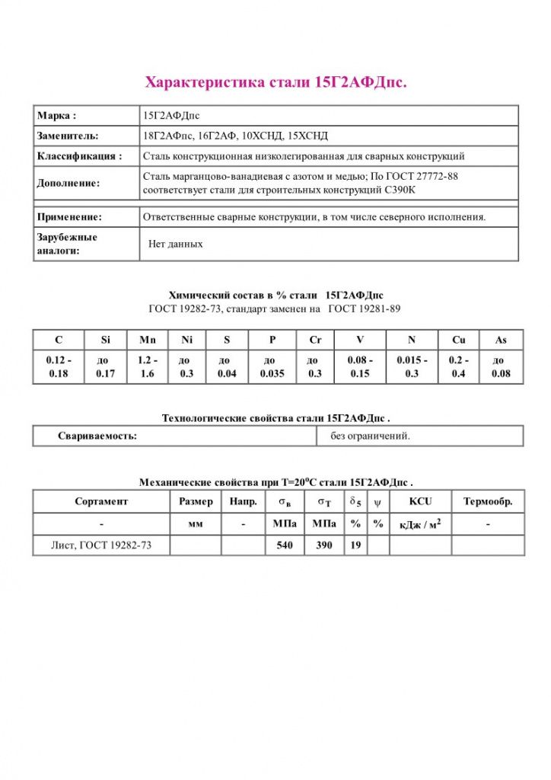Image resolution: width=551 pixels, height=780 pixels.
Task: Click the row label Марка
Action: click(x=57, y=116)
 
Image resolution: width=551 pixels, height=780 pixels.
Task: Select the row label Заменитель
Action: click(x=68, y=136)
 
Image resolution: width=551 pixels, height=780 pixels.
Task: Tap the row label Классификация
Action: click(x=79, y=156)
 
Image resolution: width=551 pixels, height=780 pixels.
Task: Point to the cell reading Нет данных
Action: click(x=176, y=245)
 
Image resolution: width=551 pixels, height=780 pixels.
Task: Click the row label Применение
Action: click(x=69, y=217)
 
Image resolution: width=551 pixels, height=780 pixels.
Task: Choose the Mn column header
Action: click(x=148, y=340)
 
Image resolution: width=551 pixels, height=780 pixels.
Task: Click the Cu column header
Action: click(x=458, y=340)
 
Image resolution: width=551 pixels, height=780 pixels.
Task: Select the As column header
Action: click(x=500, y=340)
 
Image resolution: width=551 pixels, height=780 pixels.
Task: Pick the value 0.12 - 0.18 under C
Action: click(x=59, y=366)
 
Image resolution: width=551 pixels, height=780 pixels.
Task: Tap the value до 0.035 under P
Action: click(x=272, y=366)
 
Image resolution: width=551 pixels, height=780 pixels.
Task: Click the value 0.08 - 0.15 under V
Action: click(x=359, y=366)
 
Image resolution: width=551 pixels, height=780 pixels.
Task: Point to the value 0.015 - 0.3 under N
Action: click(x=412, y=366)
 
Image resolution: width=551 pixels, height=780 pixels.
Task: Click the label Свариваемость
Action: click(x=97, y=436)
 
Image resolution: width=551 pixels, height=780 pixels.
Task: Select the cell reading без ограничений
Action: click(x=370, y=436)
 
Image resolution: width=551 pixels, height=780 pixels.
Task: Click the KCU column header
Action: click(x=420, y=501)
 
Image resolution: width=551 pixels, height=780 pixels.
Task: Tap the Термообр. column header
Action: click(x=488, y=501)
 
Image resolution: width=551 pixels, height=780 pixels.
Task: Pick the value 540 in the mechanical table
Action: click(x=285, y=545)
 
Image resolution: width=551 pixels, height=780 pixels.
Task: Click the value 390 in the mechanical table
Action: click(x=324, y=545)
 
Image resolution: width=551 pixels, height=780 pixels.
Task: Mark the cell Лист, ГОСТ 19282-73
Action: click(x=101, y=545)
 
